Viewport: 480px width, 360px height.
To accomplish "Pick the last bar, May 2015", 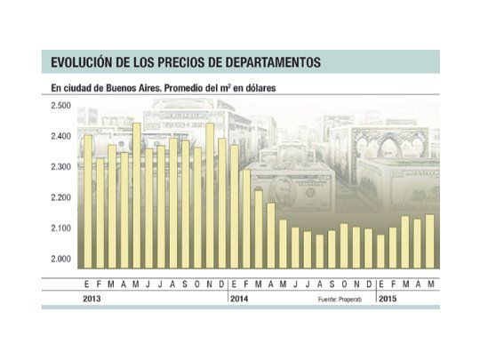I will coord(430,241).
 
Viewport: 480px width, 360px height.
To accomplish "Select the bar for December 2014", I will coord(369,248).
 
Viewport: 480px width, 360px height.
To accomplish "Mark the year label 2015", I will coord(388,300).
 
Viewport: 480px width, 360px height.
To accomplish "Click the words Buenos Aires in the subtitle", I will coord(129,87).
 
